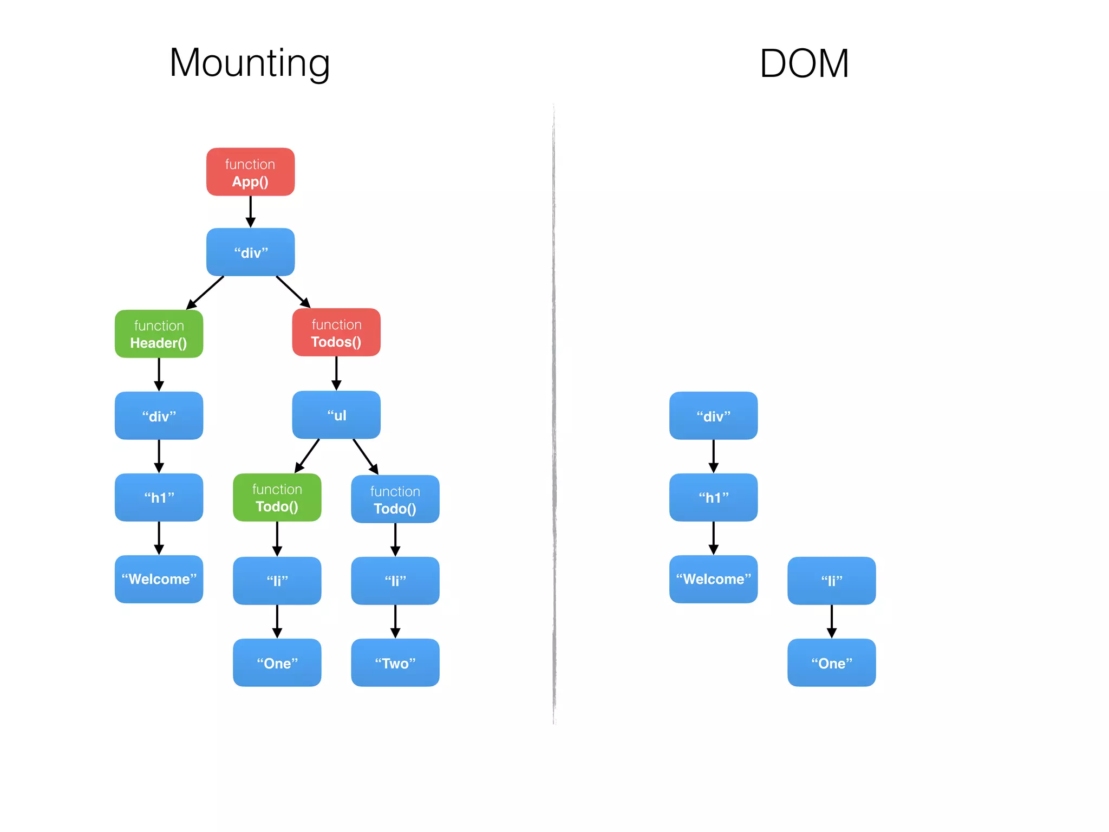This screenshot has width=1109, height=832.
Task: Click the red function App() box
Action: pyautogui.click(x=250, y=172)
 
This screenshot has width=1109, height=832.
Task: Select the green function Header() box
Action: pyautogui.click(x=159, y=334)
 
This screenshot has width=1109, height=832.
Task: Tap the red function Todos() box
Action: pyautogui.click(x=336, y=332)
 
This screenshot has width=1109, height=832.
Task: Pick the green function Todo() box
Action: pyautogui.click(x=277, y=497)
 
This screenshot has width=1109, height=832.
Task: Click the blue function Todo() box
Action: pyautogui.click(x=395, y=499)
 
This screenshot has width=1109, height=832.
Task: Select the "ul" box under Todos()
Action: pyautogui.click(x=336, y=415)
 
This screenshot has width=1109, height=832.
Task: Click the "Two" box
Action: pyautogui.click(x=395, y=662)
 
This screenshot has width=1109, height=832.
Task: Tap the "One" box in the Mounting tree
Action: pyautogui.click(x=277, y=662)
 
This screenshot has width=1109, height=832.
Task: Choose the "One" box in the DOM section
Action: pyautogui.click(x=831, y=662)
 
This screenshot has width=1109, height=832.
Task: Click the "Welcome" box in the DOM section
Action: pyautogui.click(x=713, y=579)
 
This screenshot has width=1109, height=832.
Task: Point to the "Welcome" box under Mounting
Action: pyautogui.click(x=159, y=579)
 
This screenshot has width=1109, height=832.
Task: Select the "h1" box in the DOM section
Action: pyautogui.click(x=713, y=497)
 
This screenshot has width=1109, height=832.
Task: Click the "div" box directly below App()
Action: pyautogui.click(x=250, y=252)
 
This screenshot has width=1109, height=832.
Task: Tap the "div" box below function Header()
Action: pyautogui.click(x=159, y=415)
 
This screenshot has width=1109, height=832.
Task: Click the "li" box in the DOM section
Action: pyautogui.click(x=831, y=581)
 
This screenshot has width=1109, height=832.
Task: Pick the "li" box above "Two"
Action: pyautogui.click(x=395, y=581)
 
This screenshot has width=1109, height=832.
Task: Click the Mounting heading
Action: pyautogui.click(x=250, y=64)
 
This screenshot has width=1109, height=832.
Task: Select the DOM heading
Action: pyautogui.click(x=804, y=64)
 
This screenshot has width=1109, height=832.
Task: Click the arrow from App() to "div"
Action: pyautogui.click(x=250, y=212)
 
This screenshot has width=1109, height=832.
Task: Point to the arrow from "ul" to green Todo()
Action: pyautogui.click(x=307, y=456)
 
